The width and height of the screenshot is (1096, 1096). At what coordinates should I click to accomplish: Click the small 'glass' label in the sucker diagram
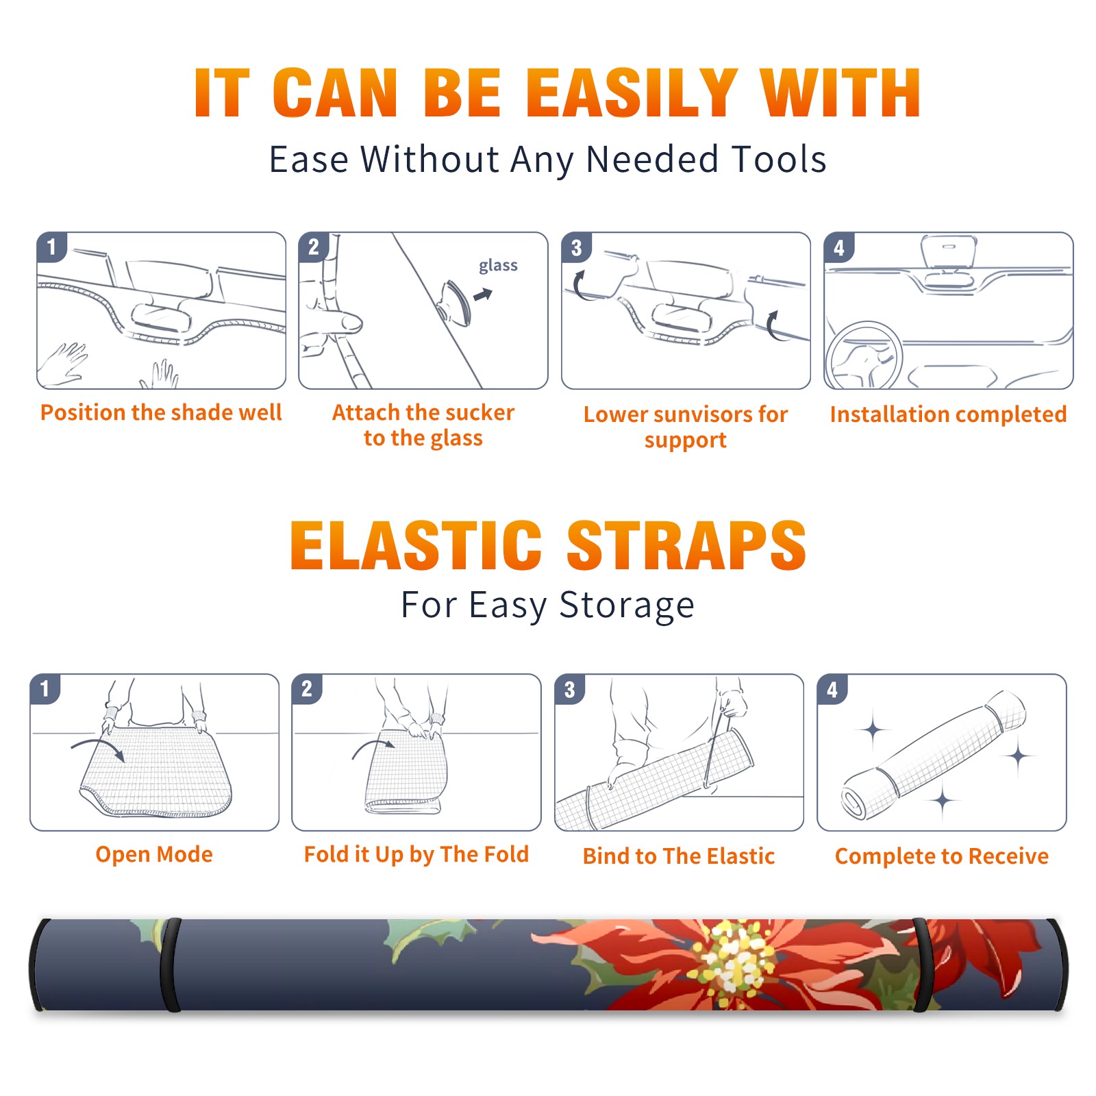[498, 266]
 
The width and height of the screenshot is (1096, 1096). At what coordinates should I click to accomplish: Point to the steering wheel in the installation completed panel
[863, 355]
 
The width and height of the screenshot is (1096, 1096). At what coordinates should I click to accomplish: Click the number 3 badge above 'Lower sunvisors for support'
[577, 247]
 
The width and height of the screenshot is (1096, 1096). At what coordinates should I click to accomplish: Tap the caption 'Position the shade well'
[161, 412]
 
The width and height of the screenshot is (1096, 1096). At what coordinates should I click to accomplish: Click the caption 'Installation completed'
[948, 414]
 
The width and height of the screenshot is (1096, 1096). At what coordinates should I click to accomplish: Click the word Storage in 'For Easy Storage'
[627, 606]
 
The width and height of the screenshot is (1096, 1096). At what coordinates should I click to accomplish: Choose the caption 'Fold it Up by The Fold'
[416, 854]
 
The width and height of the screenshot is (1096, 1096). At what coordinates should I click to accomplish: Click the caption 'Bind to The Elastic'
[679, 856]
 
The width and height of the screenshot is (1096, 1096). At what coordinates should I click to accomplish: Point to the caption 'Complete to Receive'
[942, 856]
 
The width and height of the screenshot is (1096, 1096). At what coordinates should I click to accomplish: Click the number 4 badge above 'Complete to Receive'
[832, 689]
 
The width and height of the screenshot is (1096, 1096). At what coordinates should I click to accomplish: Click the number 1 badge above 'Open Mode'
[45, 689]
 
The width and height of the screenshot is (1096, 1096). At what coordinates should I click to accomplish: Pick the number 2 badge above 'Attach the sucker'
[314, 247]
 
